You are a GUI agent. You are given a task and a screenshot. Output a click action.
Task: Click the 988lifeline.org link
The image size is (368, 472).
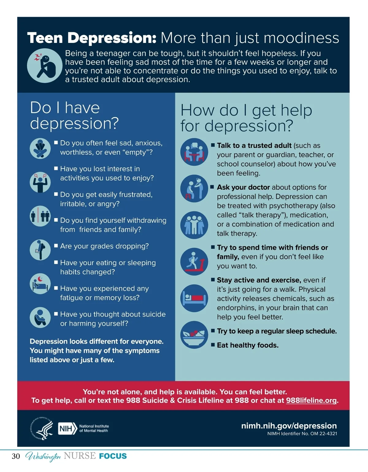point(311,400)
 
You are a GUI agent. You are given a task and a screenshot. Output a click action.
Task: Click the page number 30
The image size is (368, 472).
point(16,456)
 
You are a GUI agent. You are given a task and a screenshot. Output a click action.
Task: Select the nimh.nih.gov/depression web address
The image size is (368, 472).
point(289,425)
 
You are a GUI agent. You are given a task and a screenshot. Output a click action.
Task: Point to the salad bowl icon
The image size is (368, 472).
point(194,335)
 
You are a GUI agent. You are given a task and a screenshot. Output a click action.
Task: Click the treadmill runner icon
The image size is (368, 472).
point(194,261)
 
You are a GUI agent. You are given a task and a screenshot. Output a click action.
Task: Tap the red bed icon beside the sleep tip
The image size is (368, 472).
point(194,298)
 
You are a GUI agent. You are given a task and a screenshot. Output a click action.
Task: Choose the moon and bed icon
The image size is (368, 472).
point(40,284)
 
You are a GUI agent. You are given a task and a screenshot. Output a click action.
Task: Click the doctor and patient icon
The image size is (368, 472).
point(194,188)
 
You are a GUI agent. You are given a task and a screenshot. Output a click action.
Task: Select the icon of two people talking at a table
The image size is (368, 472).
point(194,152)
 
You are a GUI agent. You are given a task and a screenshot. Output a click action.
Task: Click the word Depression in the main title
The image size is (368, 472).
point(112,38)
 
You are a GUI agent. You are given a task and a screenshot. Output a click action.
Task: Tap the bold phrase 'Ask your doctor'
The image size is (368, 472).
point(243,187)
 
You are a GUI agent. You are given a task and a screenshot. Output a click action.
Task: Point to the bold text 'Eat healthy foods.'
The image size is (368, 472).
point(247,345)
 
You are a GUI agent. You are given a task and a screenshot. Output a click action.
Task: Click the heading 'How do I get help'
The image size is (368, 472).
point(246,110)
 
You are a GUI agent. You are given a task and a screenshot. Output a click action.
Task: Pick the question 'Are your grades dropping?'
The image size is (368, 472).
point(104,246)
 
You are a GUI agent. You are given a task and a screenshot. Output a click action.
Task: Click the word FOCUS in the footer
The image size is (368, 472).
point(113,456)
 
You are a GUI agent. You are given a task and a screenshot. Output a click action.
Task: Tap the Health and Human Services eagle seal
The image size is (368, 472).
point(41,428)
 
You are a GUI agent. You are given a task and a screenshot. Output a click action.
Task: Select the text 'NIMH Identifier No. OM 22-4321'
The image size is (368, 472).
point(302,434)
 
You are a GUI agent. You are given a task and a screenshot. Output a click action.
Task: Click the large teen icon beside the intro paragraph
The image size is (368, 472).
point(45,66)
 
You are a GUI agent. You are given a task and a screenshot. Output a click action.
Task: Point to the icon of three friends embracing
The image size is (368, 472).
point(194,225)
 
